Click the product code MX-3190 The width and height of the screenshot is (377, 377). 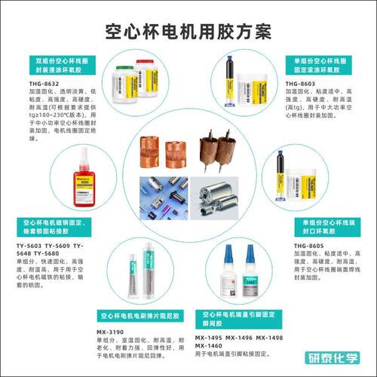coord(112,331)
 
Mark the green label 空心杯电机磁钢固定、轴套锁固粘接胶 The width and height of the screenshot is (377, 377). coord(50,227)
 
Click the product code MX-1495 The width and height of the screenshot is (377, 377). coord(211,338)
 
